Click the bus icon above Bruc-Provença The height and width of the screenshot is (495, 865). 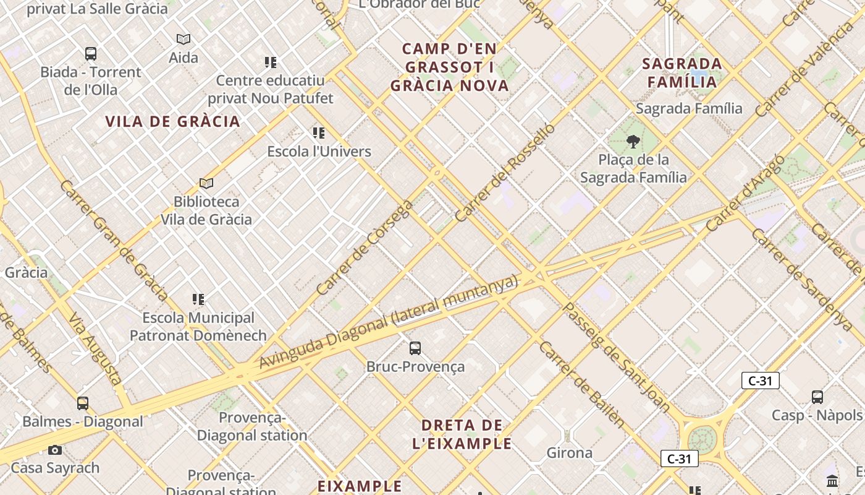(x=415, y=348)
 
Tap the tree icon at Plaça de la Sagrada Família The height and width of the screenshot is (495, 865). (x=633, y=142)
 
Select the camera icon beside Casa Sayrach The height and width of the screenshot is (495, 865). (x=55, y=450)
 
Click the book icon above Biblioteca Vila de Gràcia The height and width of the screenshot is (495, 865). (x=206, y=184)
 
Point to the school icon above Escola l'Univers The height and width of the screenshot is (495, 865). (x=319, y=133)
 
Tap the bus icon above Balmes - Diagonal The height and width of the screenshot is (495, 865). (x=83, y=403)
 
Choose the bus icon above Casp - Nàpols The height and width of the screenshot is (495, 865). (x=817, y=397)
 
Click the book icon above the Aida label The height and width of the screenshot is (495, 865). (x=184, y=40)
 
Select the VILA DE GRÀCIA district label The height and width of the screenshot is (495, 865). (x=172, y=121)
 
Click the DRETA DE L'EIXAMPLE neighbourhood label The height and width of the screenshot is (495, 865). (x=462, y=434)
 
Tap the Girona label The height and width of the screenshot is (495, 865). (x=569, y=453)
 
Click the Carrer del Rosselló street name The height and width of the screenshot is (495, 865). (x=505, y=173)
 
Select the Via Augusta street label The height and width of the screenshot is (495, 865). (x=95, y=348)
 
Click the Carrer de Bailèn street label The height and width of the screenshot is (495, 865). (x=581, y=384)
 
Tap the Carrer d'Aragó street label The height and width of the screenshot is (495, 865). (x=746, y=193)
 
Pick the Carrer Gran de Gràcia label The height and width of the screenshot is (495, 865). (x=114, y=241)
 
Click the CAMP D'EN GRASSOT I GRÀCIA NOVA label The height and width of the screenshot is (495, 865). (x=450, y=67)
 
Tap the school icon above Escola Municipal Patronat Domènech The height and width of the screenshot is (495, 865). (x=198, y=299)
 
